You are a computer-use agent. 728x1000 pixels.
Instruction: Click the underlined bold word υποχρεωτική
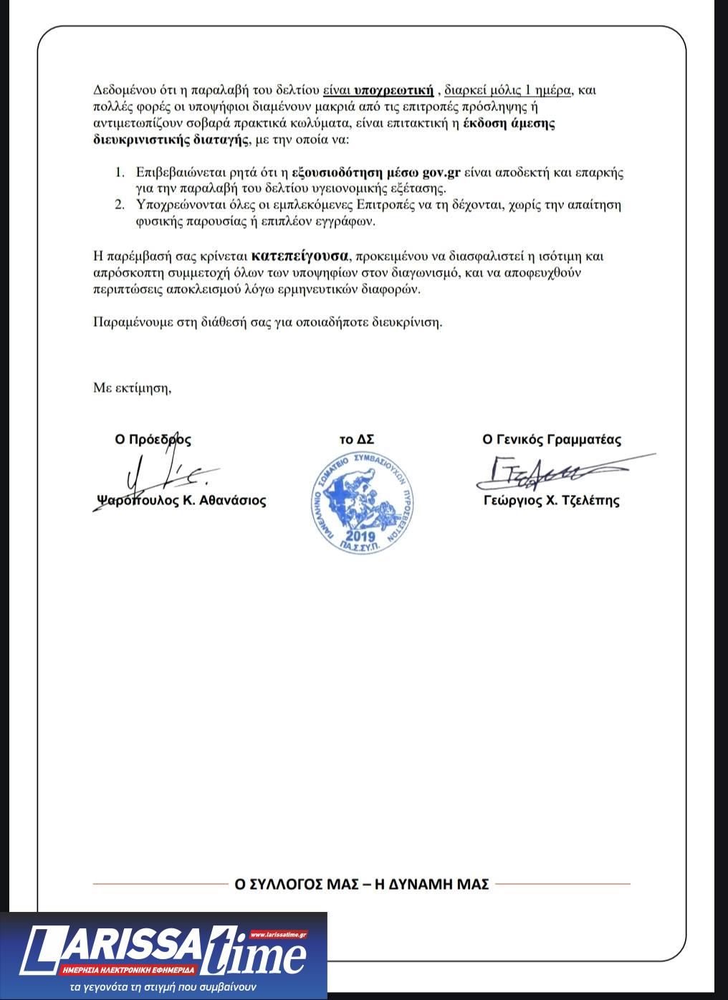point(394,90)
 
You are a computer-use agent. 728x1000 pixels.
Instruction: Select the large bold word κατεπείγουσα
point(300,255)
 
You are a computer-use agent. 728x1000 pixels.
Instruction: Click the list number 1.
point(120,173)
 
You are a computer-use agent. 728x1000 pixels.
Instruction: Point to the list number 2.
point(120,206)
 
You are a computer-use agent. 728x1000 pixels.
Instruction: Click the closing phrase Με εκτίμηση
point(133,388)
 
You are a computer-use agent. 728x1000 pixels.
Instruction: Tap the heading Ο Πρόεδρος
point(153,440)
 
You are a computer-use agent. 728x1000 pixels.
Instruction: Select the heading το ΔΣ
point(356,440)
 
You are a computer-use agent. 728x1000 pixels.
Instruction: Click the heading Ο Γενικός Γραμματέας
point(552,440)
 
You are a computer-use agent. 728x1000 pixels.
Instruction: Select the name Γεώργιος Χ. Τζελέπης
point(551,501)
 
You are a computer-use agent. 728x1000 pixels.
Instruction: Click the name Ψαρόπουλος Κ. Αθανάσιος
point(181,501)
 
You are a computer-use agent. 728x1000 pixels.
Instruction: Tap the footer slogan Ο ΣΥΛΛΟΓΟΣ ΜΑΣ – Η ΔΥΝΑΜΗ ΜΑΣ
point(362,884)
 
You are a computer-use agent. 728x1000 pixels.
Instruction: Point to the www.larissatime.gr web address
point(279,934)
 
